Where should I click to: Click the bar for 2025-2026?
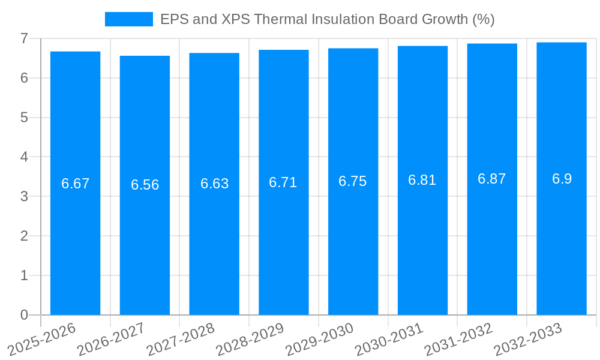pyautogui.click(x=75, y=240)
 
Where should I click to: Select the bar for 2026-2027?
pyautogui.click(x=145, y=240)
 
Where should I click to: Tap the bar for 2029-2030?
pyautogui.click(x=353, y=240)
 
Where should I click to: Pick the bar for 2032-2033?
pyautogui.click(x=562, y=240)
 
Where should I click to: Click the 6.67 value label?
pyautogui.click(x=75, y=184)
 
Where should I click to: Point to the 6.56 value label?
pyautogui.click(x=145, y=185)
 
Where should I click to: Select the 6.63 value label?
pyautogui.click(x=214, y=184)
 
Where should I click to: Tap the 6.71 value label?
pyautogui.click(x=283, y=182)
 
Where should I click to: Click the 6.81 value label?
pyautogui.click(x=422, y=180)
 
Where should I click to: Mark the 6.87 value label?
pyautogui.click(x=492, y=179)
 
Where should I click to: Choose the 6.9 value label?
pyautogui.click(x=562, y=179)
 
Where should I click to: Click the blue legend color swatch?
pyautogui.click(x=128, y=19)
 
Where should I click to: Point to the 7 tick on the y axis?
pyautogui.click(x=24, y=38)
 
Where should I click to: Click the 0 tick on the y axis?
pyautogui.click(x=24, y=315)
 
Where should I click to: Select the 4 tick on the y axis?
pyautogui.click(x=24, y=157)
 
